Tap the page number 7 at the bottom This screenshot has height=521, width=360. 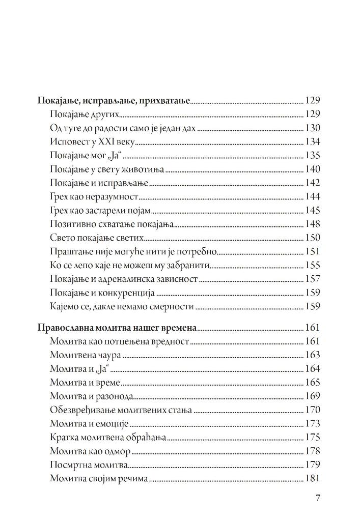pyautogui.click(x=317, y=498)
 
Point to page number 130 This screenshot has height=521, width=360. pyautogui.click(x=312, y=128)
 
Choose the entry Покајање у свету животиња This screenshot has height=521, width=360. pyautogui.click(x=107, y=169)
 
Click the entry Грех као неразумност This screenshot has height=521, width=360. pyautogui.click(x=95, y=196)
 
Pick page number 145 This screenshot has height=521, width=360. pyautogui.click(x=312, y=210)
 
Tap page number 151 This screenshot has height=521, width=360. pyautogui.click(x=312, y=251)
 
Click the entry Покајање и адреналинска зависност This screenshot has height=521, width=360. pyautogui.click(x=124, y=279)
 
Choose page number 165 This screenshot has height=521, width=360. pyautogui.click(x=312, y=383)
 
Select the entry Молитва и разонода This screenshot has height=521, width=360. pyautogui.click(x=92, y=396)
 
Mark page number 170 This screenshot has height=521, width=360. pyautogui.click(x=312, y=410)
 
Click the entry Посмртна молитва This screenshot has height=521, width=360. pyautogui.click(x=89, y=465)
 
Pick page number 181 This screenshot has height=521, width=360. pyautogui.click(x=312, y=479)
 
